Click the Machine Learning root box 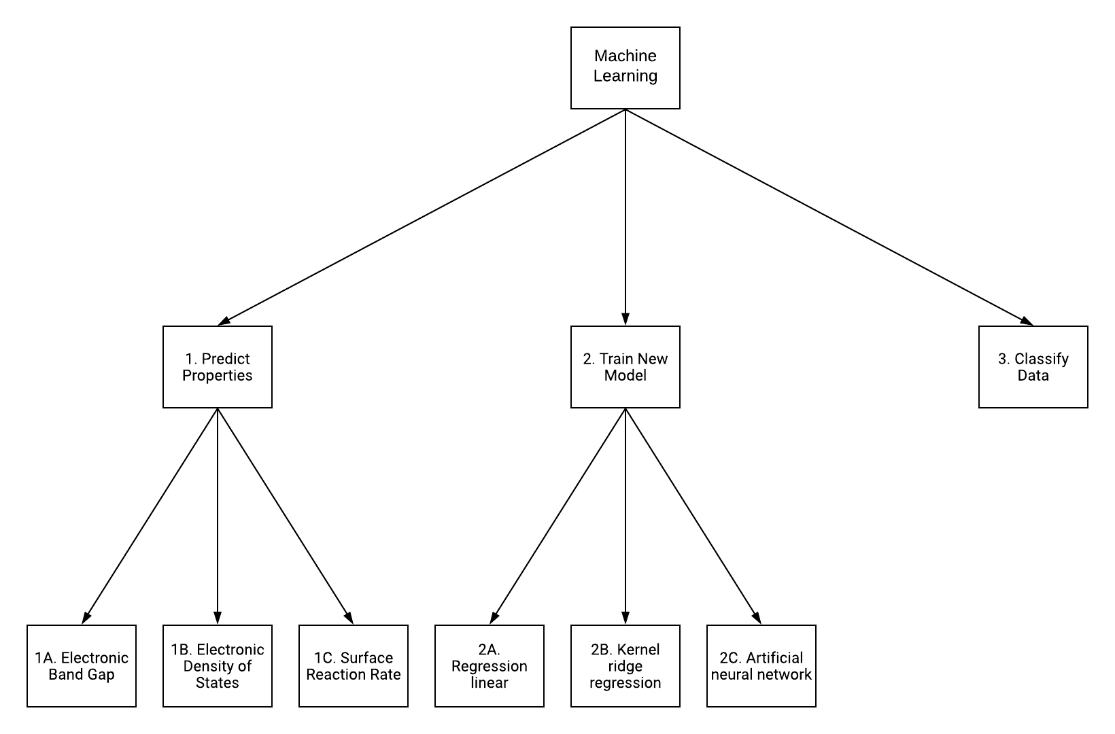click(625, 68)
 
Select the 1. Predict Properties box click(217, 367)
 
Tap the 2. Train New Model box click(625, 367)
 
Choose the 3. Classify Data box click(1033, 367)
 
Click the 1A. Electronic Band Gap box click(82, 666)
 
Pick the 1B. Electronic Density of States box click(217, 666)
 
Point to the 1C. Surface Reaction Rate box click(353, 666)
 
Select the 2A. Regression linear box click(489, 666)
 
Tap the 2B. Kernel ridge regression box click(625, 666)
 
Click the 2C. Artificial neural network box click(761, 666)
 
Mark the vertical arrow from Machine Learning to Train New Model click(625, 217)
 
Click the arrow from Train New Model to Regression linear click(557, 517)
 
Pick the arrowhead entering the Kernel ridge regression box click(625, 618)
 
